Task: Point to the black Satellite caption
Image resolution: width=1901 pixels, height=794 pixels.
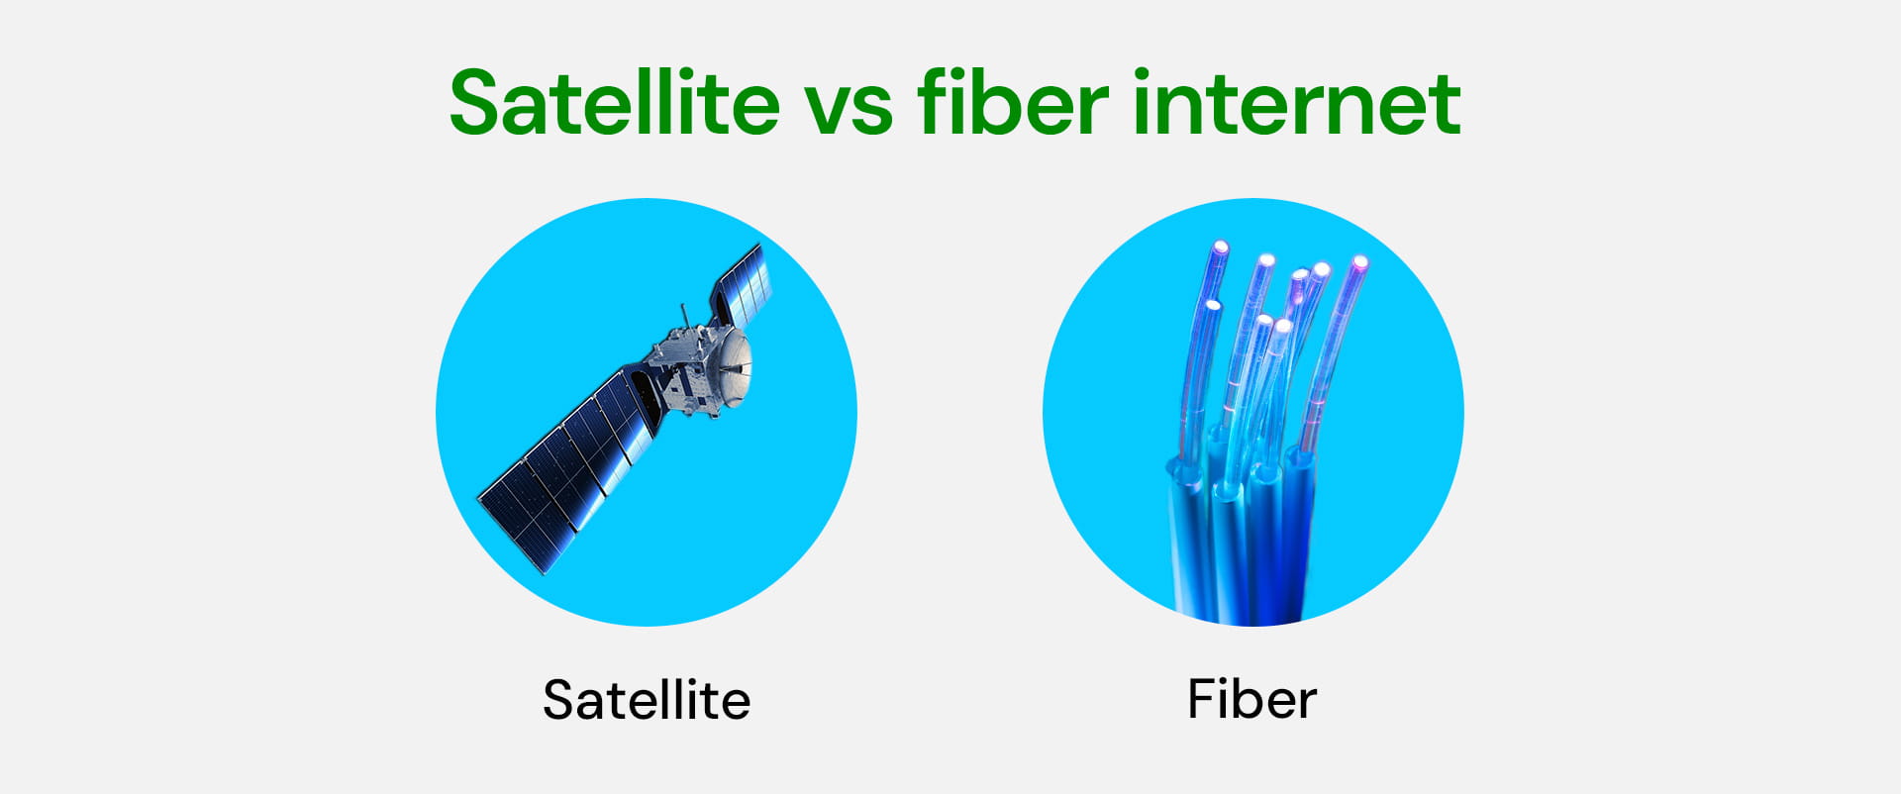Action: coord(647,700)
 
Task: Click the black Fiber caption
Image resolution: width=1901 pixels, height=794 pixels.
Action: coord(1251,700)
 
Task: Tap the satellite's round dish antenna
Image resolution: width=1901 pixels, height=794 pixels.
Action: coord(734,367)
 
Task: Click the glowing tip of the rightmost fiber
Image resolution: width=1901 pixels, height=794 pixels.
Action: coord(1359,263)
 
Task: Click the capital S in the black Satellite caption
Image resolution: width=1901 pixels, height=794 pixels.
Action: coord(559,700)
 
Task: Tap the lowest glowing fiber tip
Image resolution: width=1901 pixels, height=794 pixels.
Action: coord(1283,326)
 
